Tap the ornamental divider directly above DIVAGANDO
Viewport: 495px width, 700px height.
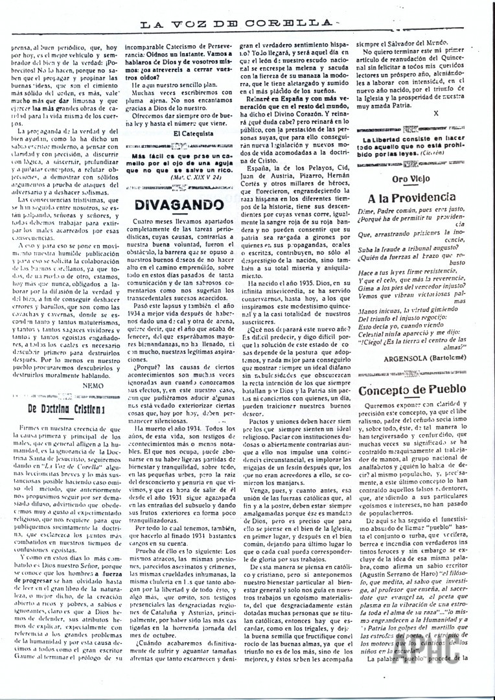(170, 146)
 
